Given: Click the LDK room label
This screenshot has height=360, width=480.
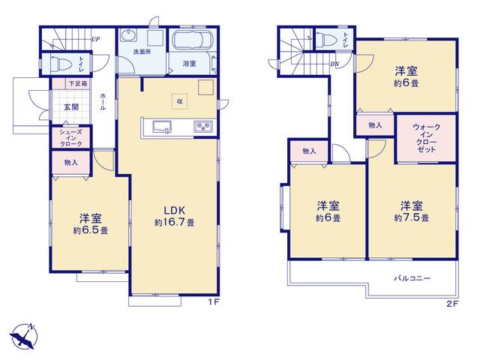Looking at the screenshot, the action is tap(175, 210).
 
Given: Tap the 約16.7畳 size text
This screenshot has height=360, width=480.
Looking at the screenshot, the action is tap(174, 223).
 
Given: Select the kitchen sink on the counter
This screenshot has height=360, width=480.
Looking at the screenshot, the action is tap(162, 127).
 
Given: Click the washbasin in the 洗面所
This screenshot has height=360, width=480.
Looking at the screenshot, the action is tap(128, 35).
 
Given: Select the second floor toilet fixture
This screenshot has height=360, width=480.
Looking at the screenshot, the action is tap(326, 40).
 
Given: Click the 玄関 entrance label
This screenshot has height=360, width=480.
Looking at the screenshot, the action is tap(71, 106).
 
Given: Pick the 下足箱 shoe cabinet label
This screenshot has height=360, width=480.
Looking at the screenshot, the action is tap(77, 83).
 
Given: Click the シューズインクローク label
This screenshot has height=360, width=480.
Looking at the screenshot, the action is tap(70, 138).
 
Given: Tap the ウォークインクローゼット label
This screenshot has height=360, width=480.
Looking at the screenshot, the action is tap(426, 138).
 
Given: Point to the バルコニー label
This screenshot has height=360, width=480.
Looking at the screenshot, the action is tap(412, 278).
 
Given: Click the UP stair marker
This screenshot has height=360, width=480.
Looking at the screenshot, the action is tap(95, 39).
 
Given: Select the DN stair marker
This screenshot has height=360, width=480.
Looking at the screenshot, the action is tap(334, 64).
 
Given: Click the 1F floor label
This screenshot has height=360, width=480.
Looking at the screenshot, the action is tap(214, 302).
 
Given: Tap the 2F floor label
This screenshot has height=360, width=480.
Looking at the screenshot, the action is tap(451, 304).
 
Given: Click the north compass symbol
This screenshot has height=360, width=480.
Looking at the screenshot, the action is tap(24, 336).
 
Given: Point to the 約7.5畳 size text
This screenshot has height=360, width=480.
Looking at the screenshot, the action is tap(412, 218).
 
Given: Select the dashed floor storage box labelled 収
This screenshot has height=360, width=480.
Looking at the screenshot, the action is tap(180, 101).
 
